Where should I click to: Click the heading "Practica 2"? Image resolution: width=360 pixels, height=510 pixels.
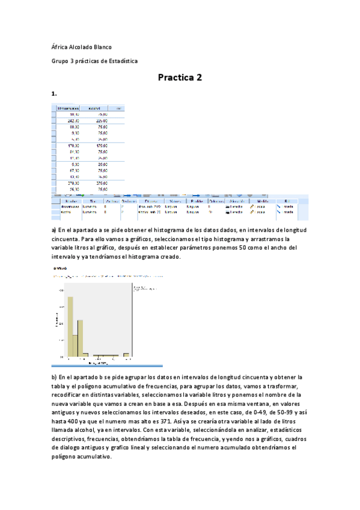tap(180, 78)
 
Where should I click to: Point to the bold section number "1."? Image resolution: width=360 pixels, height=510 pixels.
tap(54, 94)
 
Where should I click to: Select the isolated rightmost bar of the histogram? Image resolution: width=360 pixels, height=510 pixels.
tap(126, 354)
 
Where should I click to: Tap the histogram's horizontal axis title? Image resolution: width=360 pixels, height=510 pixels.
tap(99, 363)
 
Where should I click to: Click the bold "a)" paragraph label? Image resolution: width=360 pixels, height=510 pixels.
tap(54, 230)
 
